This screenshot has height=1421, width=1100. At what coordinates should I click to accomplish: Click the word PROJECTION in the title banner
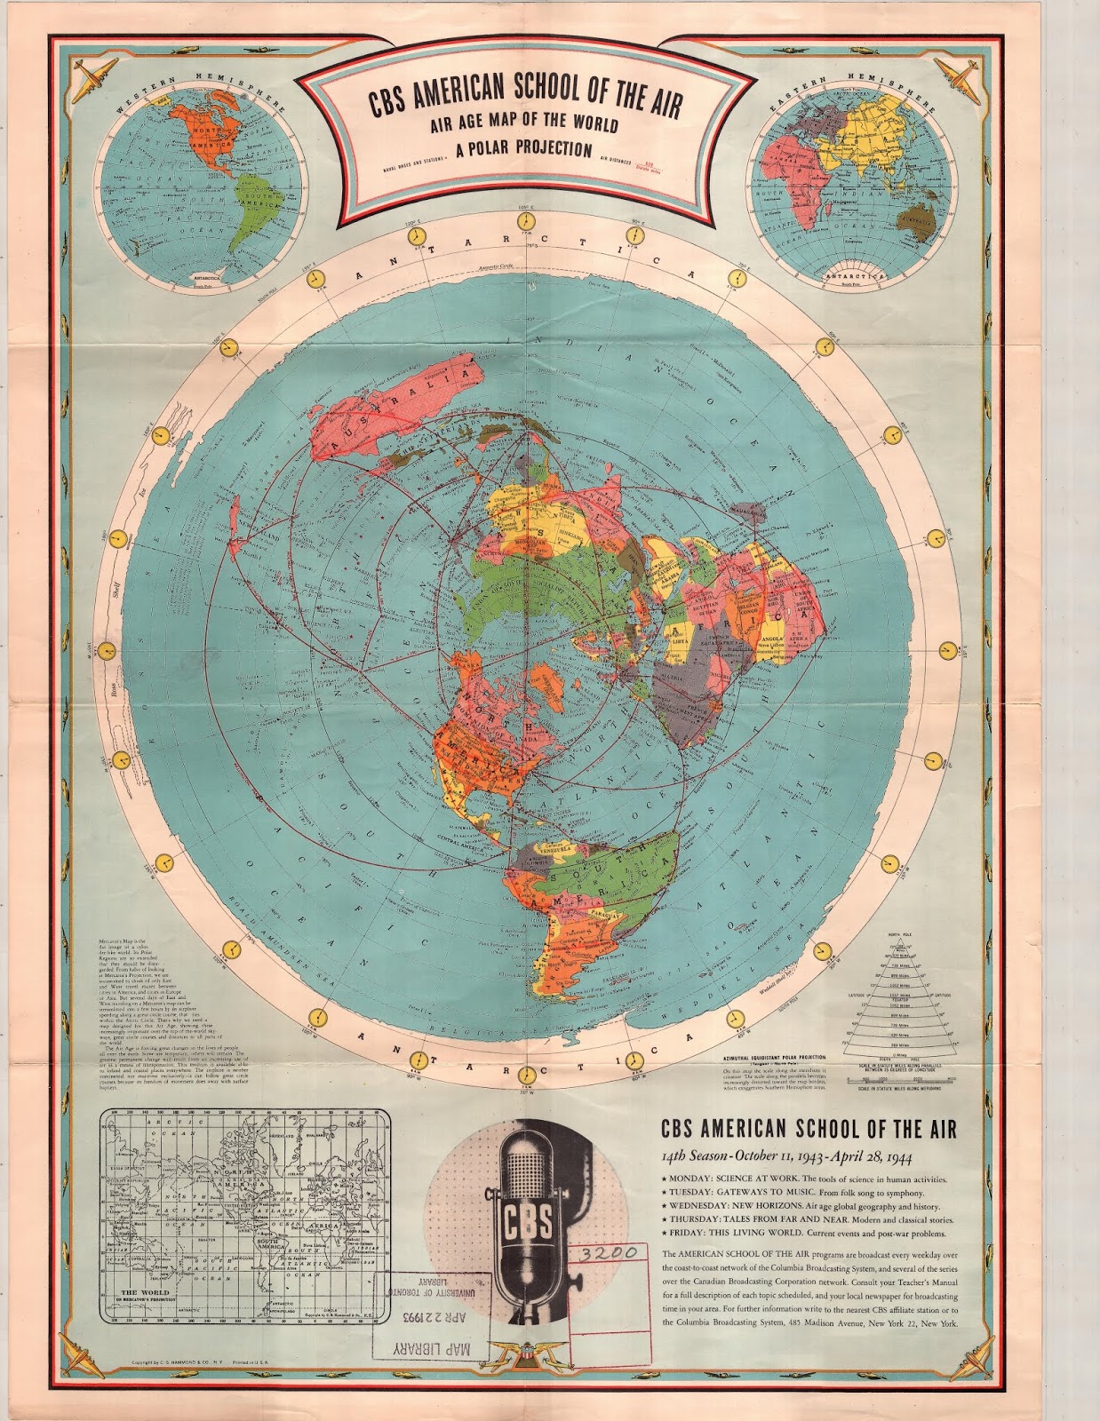pyautogui.click(x=545, y=147)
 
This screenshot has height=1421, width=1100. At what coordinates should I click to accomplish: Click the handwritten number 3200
pyautogui.click(x=610, y=1253)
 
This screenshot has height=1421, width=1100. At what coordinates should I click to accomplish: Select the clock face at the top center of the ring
pyautogui.click(x=526, y=220)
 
